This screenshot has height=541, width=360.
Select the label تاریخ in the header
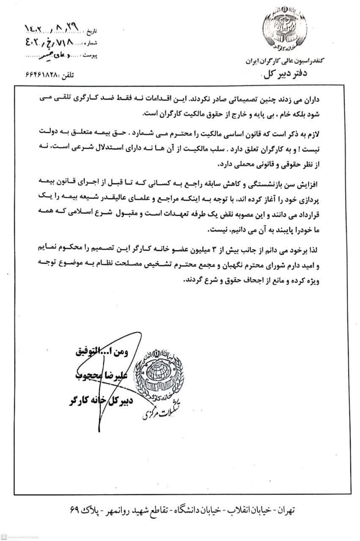pyautogui.click(x=92, y=32)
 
